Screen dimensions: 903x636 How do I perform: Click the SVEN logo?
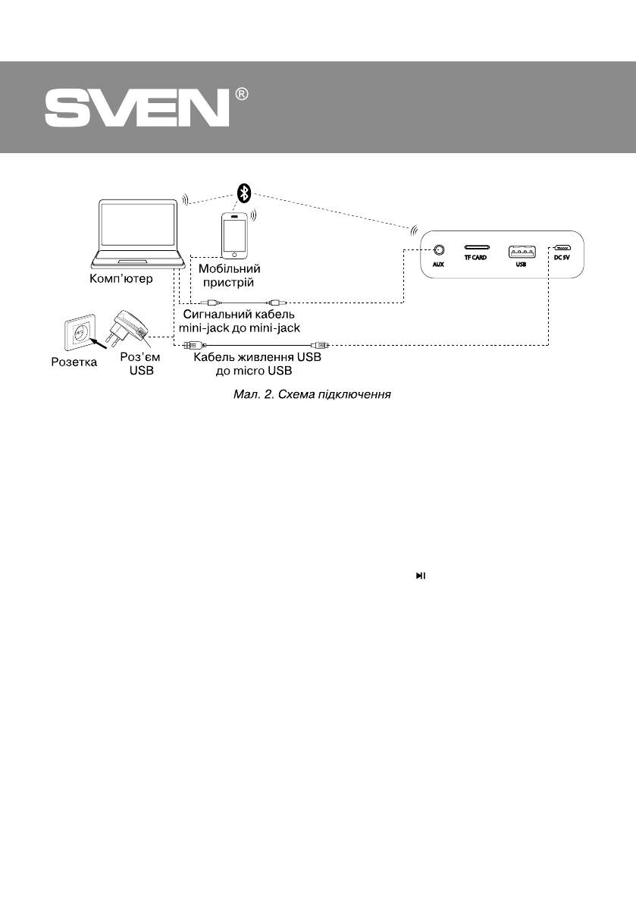tap(136, 108)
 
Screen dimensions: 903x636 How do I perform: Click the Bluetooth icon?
tap(244, 193)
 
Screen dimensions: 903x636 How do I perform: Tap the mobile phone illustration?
tap(234, 235)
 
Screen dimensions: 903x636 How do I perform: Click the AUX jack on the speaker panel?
tap(437, 249)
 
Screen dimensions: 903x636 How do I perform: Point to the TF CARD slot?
tap(477, 248)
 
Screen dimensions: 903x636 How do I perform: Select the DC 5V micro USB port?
tap(562, 247)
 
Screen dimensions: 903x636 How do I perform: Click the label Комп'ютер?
tap(122, 278)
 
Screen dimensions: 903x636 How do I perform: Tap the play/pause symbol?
tap(420, 577)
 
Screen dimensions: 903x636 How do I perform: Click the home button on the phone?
tap(234, 253)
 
